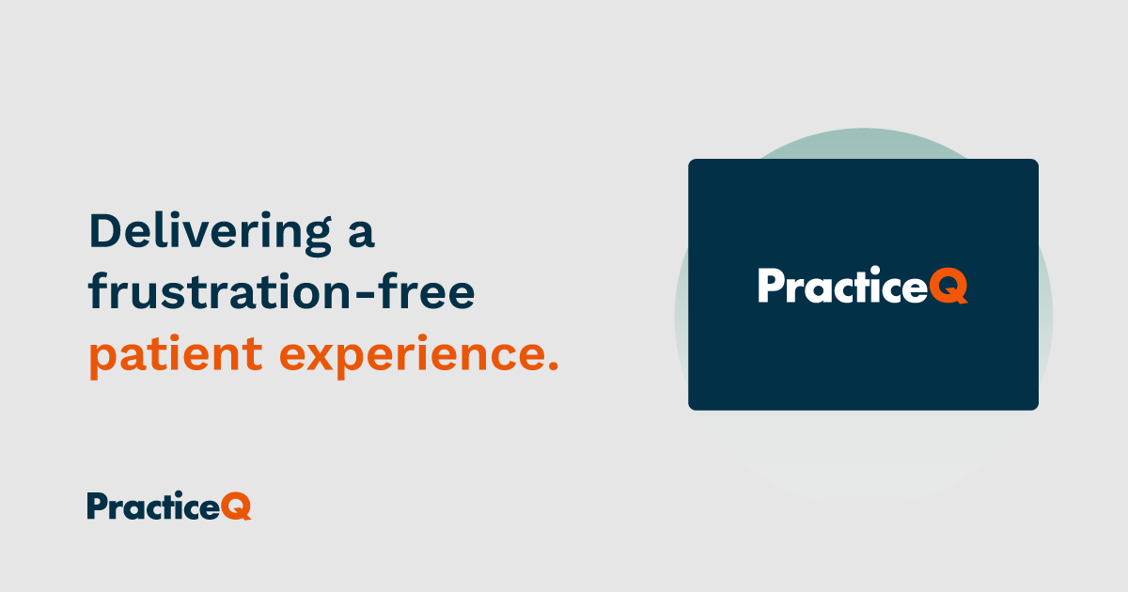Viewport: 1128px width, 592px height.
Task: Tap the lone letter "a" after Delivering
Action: pyautogui.click(x=360, y=235)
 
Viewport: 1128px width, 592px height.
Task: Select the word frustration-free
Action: pyautogui.click(x=282, y=293)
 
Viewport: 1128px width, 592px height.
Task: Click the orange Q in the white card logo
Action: pyautogui.click(x=950, y=287)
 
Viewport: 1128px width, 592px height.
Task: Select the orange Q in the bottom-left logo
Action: pyautogui.click(x=237, y=507)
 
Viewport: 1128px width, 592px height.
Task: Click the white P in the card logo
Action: pyautogui.click(x=770, y=286)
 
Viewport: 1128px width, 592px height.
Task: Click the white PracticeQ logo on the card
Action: pyautogui.click(x=862, y=286)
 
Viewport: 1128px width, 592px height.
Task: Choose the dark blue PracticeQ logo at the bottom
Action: pyautogui.click(x=169, y=506)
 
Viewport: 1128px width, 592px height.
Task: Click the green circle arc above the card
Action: pyautogui.click(x=863, y=141)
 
